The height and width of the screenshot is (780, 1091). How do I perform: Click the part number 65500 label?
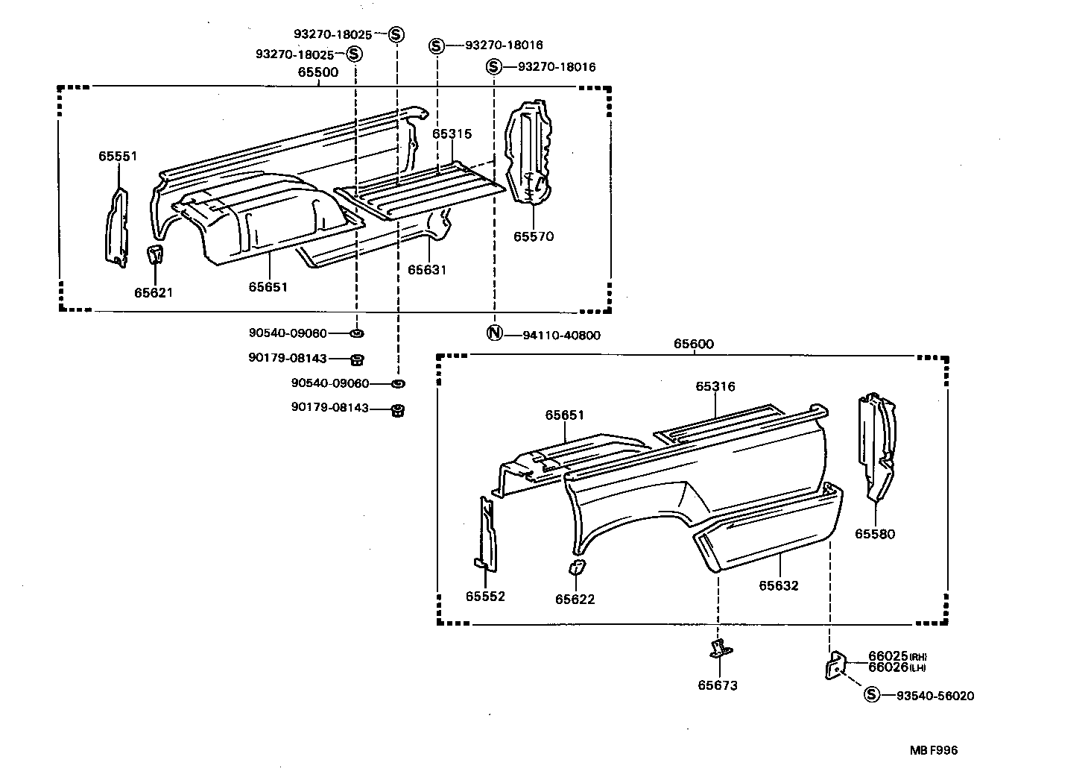click(318, 72)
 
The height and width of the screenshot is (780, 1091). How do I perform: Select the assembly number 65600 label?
click(693, 344)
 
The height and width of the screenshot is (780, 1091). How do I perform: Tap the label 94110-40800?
click(561, 336)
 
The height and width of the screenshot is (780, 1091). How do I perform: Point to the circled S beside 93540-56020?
click(870, 695)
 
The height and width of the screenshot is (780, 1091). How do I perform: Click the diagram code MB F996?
click(932, 751)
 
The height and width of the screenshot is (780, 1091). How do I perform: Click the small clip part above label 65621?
click(155, 254)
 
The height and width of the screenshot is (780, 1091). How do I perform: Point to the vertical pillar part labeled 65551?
click(116, 227)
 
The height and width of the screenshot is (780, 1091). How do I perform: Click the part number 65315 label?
click(452, 133)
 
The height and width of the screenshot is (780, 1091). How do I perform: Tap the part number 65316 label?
click(715, 386)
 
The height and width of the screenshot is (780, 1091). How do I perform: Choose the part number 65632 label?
click(779, 585)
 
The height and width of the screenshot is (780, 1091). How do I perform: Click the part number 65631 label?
click(427, 269)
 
